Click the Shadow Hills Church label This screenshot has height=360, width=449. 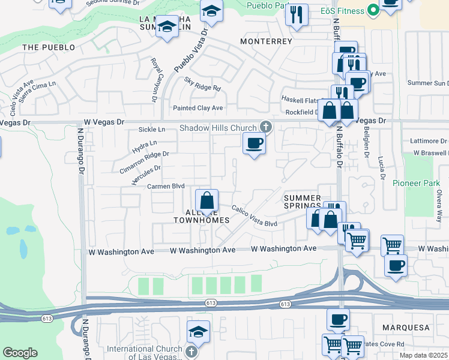click(218, 128)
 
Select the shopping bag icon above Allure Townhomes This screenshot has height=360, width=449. click(206, 200)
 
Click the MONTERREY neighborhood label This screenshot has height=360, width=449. click(266, 41)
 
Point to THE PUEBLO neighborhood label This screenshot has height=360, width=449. click(49, 47)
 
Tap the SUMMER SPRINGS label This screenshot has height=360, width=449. click(303, 203)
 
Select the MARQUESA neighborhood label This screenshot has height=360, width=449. click(406, 328)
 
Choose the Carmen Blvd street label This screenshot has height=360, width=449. click(166, 187)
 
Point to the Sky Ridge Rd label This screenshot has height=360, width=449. click(202, 87)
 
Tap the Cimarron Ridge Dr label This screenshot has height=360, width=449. click(144, 162)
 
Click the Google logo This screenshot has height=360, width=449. click(20, 353)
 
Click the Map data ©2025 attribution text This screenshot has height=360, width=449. click(423, 356)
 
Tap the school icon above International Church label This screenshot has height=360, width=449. click(198, 331)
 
